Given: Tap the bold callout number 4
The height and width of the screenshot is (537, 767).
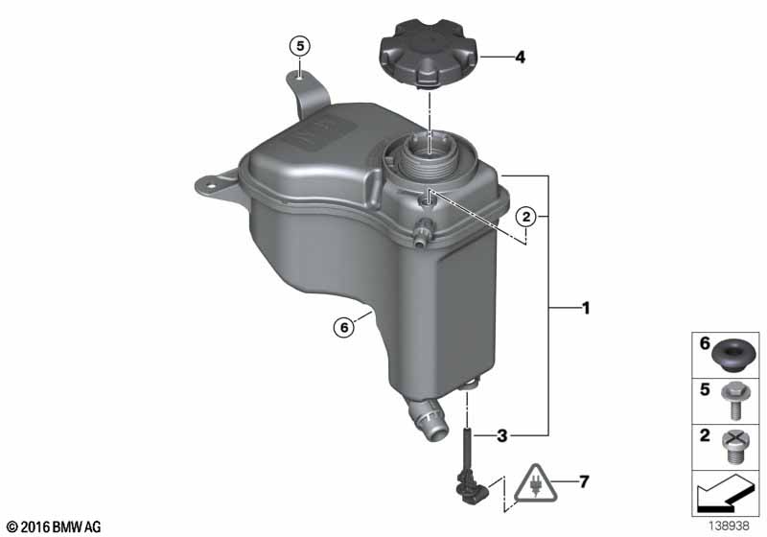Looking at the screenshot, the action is tap(520, 58).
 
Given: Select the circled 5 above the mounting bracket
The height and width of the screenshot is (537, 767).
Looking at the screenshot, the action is tap(300, 46).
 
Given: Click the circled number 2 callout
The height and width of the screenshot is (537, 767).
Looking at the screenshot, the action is tap(525, 216).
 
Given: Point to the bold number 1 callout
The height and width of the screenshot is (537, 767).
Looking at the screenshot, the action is tap(585, 308).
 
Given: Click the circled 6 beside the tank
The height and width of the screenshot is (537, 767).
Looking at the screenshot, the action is tap(344, 327).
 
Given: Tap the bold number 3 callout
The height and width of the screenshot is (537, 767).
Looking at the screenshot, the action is tap(501, 435).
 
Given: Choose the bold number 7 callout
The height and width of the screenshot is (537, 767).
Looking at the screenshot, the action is tap(584, 481).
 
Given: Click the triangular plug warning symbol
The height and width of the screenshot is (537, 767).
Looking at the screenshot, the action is tap(536, 484).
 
